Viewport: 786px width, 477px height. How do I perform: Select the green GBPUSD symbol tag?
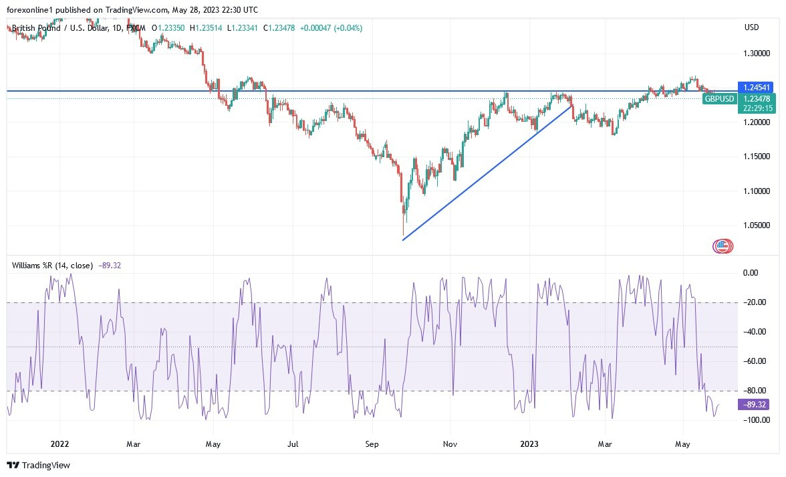coord(720,99)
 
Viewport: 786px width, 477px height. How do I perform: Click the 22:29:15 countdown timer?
coord(757,108)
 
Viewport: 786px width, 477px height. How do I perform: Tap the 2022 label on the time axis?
coord(59,443)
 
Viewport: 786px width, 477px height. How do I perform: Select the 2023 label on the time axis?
coord(530,443)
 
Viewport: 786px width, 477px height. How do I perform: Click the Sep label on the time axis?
coord(372,443)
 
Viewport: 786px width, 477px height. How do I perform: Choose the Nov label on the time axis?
coord(450,443)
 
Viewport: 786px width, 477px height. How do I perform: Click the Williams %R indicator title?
coord(52,265)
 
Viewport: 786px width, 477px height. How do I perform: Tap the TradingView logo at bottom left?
coord(39,465)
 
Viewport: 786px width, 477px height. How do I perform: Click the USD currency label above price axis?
coord(752,27)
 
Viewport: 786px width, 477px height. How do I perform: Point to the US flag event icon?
coord(721,246)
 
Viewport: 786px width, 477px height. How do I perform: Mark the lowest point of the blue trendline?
coord(403,240)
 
